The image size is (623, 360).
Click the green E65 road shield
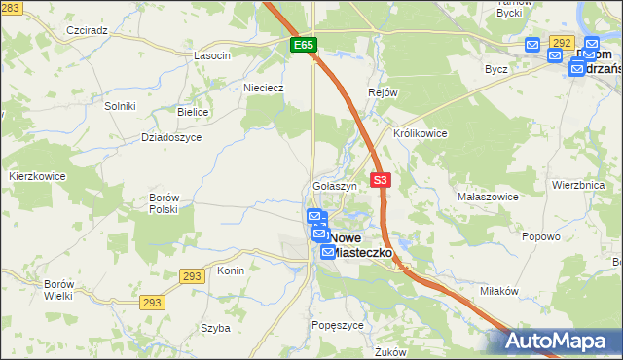pyautogui.click(x=303, y=46)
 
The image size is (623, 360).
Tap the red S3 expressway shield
pyautogui.click(x=381, y=180)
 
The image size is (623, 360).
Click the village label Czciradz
pyautogui.click(x=87, y=30)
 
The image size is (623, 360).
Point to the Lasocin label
pyautogui.click(x=212, y=55)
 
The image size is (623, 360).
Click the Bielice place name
pyautogui.click(x=193, y=112)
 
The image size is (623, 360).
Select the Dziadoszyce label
pyautogui.click(x=171, y=137)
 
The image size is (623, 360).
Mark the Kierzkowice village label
pyautogui.click(x=37, y=176)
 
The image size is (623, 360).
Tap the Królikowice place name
pyautogui.click(x=420, y=133)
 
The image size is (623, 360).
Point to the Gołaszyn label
pyautogui.click(x=336, y=185)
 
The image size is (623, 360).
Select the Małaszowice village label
pyautogui.click(x=486, y=196)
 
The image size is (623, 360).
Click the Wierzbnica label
pyautogui.click(x=578, y=184)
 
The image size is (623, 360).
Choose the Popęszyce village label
pyautogui.click(x=338, y=325)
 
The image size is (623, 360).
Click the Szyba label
pyautogui.click(x=214, y=328)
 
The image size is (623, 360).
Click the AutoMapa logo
pyautogui.click(x=558, y=341)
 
